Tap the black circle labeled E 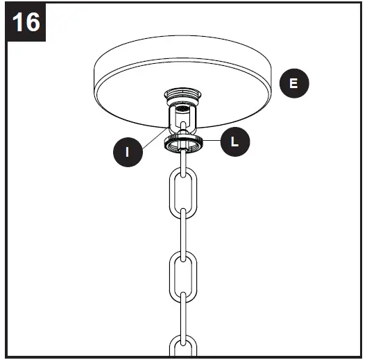pos(294,83)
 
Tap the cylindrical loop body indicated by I pos(182,116)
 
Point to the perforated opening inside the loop pos(182,109)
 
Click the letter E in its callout pos(294,83)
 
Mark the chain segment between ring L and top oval pos(182,160)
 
